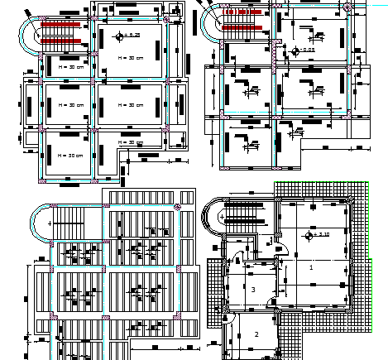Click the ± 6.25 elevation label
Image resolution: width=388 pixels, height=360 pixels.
click(134, 36)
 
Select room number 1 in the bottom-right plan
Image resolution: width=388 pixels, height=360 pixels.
click(311, 267)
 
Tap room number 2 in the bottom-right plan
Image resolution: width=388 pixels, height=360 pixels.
click(256, 334)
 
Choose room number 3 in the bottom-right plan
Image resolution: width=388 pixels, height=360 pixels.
click(253, 289)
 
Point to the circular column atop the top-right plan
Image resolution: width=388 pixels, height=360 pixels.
click(347, 6)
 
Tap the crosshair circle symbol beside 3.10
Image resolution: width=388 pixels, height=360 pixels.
click(309, 236)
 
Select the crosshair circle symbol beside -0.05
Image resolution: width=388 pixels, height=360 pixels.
click(295, 50)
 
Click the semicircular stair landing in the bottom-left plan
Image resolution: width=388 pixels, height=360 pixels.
click(39, 223)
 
